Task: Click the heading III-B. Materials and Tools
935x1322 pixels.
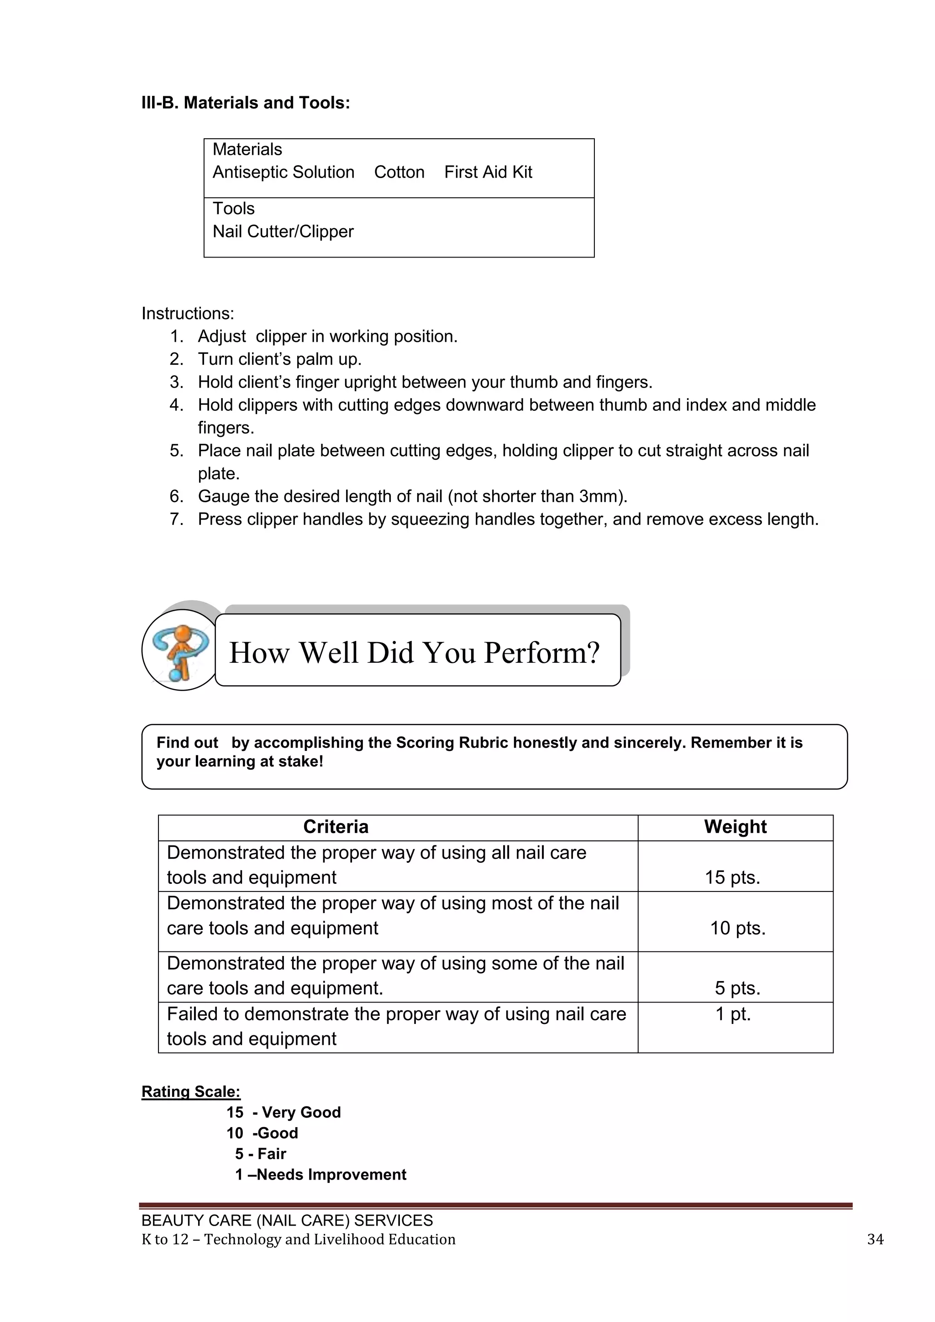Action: coord(245,103)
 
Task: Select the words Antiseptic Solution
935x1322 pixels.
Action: coord(283,172)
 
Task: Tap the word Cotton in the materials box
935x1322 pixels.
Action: coord(399,172)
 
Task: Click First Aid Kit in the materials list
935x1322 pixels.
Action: coord(488,172)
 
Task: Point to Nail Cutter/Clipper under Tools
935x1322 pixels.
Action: coord(283,231)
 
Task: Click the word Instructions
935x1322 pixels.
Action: coord(188,313)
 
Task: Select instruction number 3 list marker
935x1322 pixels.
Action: coord(176,383)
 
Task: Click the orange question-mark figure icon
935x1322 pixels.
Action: coord(180,651)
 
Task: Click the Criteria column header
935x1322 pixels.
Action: coord(336,827)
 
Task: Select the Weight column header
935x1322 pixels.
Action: coord(735,827)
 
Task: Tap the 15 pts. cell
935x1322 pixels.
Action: coord(732,877)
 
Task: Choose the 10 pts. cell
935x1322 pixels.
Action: coord(737,928)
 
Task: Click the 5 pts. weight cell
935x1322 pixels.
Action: coord(737,988)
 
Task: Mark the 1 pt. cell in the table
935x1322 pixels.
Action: coord(733,1014)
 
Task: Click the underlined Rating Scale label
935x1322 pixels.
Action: coord(190,1091)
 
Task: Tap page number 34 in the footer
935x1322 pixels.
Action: coord(875,1239)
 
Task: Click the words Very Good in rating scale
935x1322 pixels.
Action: coord(300,1112)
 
